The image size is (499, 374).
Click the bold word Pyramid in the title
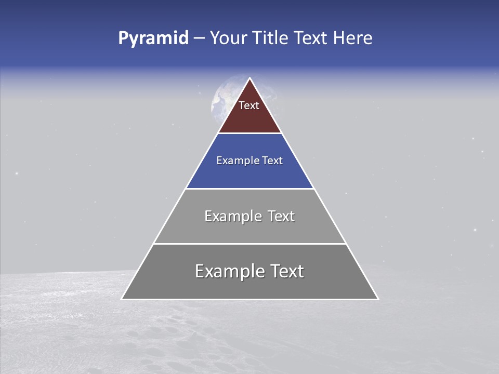click(153, 38)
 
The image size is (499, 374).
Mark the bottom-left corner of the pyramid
click(122, 299)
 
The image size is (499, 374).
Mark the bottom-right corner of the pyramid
click(378, 299)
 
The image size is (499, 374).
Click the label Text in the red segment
click(249, 105)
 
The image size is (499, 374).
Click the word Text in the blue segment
click(273, 161)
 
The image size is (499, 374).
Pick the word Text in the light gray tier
click(282, 216)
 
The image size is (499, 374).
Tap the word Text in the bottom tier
click(287, 271)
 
